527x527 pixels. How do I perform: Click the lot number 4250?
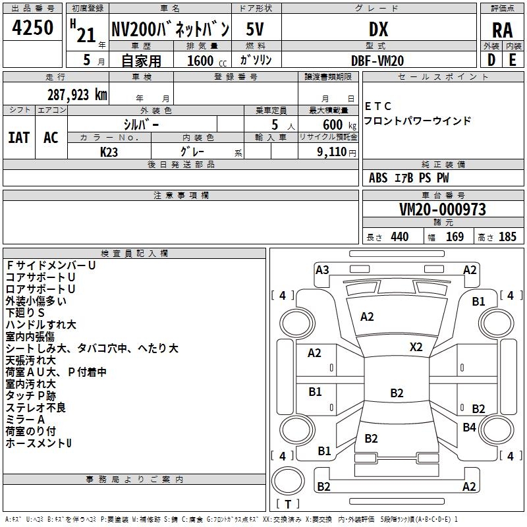pyautogui.click(x=32, y=28)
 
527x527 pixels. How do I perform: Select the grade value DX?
pyautogui.click(x=378, y=29)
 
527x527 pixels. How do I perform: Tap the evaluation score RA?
pyautogui.click(x=502, y=30)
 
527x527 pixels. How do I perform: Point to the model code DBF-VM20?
pyautogui.click(x=377, y=61)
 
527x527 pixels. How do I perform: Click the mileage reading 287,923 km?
pyautogui.click(x=77, y=95)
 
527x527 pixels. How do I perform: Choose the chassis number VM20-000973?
pyautogui.click(x=443, y=209)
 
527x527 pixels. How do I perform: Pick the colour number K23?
pyautogui.click(x=109, y=152)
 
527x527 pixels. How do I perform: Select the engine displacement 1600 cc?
pyautogui.click(x=207, y=61)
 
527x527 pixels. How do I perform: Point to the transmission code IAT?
pyautogui.click(x=19, y=138)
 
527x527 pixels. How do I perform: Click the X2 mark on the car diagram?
pyautogui.click(x=416, y=347)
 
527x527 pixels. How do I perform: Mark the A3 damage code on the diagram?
pyautogui.click(x=322, y=270)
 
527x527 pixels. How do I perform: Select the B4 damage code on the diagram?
pyautogui.click(x=469, y=427)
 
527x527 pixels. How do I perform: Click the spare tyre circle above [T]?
pyautogui.click(x=288, y=481)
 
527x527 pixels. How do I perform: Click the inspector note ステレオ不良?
pyautogui.click(x=36, y=408)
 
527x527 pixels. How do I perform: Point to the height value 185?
pyautogui.click(x=507, y=236)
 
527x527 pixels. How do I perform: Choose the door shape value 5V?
pyautogui.click(x=255, y=29)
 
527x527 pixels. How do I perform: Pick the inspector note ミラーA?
pyautogui.click(x=25, y=420)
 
